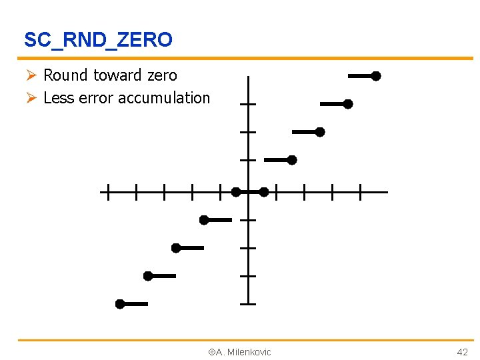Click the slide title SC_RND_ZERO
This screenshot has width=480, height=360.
click(98, 40)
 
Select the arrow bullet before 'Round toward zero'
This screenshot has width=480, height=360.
click(31, 76)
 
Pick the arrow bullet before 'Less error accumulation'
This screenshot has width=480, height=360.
click(31, 98)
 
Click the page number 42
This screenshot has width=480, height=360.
click(462, 352)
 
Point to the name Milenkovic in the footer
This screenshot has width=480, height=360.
click(249, 352)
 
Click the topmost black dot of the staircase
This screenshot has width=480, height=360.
click(376, 77)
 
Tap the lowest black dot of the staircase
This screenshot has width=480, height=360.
click(120, 304)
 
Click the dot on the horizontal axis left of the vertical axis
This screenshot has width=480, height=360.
click(236, 192)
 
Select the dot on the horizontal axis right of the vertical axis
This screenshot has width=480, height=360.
click(264, 192)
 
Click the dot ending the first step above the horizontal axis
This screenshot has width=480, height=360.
click(292, 160)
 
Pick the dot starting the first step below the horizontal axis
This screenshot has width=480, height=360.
click(204, 220)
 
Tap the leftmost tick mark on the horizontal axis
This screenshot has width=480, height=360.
click(107, 193)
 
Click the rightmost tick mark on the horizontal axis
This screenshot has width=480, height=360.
click(360, 193)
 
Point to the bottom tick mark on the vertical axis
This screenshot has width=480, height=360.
click(248, 304)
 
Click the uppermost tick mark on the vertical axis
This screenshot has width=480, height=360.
click(248, 105)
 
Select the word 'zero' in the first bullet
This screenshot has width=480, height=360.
click(163, 76)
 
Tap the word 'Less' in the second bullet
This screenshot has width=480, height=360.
click(59, 98)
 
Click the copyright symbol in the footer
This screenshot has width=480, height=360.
click(211, 352)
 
